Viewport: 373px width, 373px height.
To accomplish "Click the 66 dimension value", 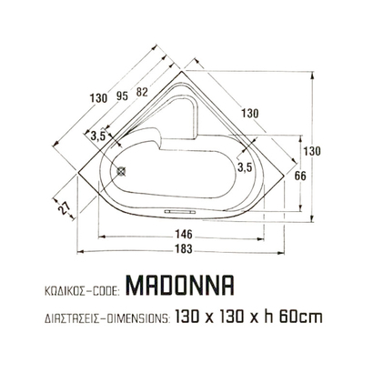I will (x=297, y=177).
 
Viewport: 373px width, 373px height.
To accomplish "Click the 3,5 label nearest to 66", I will (x=243, y=167).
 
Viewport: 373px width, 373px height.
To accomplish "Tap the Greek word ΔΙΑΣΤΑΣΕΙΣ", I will (x=70, y=318).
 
